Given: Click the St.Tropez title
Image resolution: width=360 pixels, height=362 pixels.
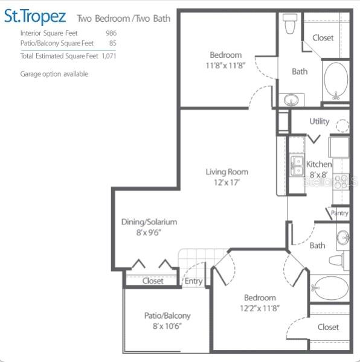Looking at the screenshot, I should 35,16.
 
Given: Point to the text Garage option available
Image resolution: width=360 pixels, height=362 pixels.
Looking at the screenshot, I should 54,74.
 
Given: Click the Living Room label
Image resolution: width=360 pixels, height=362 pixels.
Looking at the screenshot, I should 227,172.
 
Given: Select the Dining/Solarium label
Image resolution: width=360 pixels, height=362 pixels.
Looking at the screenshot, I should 149,222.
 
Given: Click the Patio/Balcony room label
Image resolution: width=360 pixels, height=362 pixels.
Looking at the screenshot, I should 167,316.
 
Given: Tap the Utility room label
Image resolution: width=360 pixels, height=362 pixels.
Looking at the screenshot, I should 320,121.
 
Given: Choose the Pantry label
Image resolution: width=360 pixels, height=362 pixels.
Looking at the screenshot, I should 339,213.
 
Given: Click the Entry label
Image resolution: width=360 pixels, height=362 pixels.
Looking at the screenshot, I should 193,281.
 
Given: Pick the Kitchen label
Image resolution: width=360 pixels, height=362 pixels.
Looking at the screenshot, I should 319,164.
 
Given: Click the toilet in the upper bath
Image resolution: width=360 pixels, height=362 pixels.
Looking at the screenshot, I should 289,25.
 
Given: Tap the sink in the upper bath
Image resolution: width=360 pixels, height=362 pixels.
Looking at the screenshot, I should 291,100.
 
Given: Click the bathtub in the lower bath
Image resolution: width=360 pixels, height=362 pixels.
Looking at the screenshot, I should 329,288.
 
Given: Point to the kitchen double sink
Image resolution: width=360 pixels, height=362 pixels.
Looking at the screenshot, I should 297,165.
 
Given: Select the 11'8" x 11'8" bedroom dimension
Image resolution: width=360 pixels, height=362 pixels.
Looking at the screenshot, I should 225,65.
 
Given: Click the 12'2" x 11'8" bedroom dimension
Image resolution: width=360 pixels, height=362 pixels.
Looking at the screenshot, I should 260,308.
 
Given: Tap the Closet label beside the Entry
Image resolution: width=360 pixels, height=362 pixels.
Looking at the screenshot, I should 153,281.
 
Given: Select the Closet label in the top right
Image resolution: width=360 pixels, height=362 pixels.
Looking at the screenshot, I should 323,37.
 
